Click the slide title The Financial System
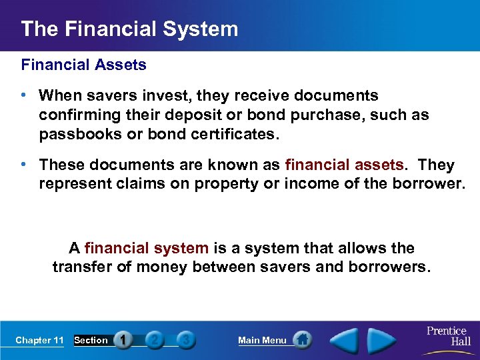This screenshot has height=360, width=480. [x=129, y=29]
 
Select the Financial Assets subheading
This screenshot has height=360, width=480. [x=83, y=65]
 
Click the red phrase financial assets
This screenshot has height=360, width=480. [x=344, y=165]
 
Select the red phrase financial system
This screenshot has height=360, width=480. [x=147, y=248]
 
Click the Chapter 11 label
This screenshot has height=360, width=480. [x=39, y=340]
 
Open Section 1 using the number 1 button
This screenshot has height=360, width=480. [x=123, y=340]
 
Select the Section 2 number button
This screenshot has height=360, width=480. [x=155, y=340]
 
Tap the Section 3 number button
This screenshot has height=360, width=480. [x=187, y=340]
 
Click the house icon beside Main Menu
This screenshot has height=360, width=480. [x=303, y=340]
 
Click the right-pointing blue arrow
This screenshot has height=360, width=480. [x=383, y=340]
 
